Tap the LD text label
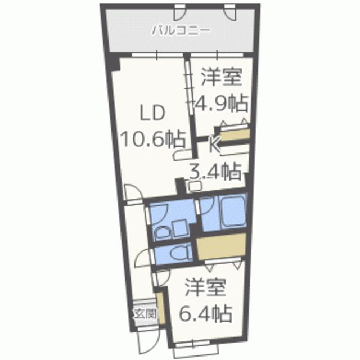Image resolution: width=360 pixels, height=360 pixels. pos(151,112)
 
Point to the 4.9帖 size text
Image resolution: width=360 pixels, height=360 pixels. pos(221,103)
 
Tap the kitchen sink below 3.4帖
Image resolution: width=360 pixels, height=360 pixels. pos(197,185)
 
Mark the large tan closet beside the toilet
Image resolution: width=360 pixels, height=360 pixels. pos(220,247)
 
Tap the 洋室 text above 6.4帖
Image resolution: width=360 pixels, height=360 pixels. pos(206,287)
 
